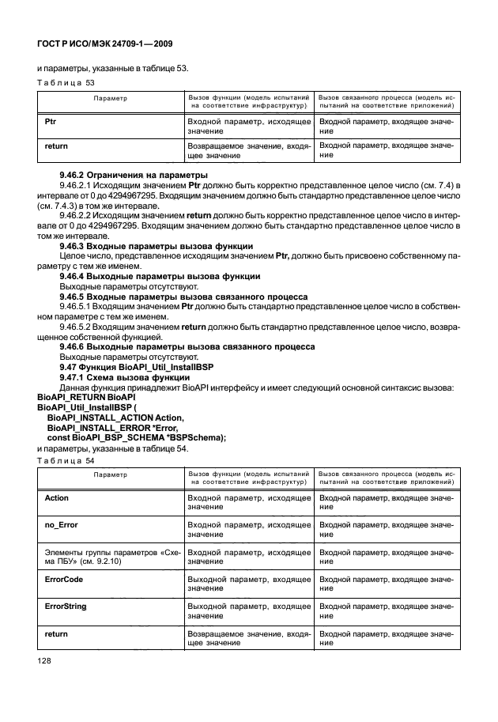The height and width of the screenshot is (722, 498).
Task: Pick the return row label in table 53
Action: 57,146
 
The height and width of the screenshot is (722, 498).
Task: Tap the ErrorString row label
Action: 66,607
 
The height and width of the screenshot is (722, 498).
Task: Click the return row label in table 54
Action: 57,633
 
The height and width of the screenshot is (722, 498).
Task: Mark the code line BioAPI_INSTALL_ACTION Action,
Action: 115,418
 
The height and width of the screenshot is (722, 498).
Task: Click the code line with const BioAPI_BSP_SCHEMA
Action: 137,438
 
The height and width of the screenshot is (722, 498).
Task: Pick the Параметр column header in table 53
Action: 110,99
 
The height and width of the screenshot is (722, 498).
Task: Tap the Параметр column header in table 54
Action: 110,476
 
